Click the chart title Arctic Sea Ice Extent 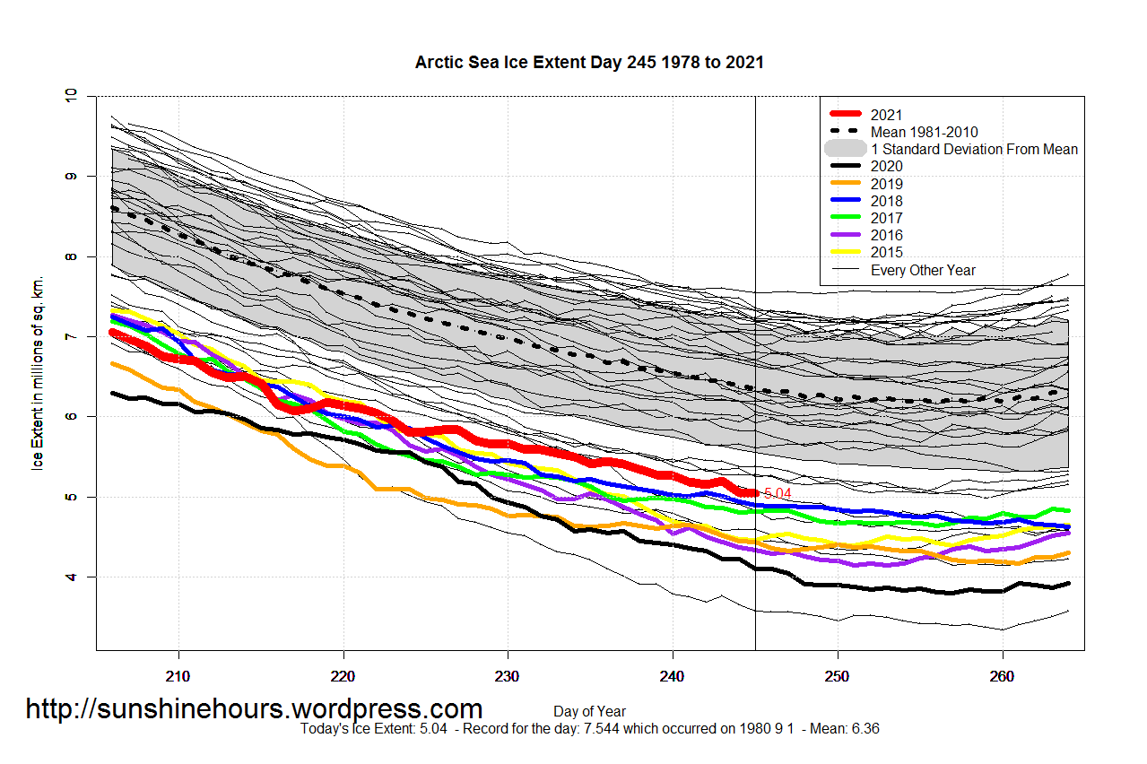[x=589, y=62]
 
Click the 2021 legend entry [x=886, y=115]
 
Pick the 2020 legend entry [x=886, y=166]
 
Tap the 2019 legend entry [x=886, y=184]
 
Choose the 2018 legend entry [x=886, y=201]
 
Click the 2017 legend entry [x=886, y=218]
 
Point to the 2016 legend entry [x=886, y=235]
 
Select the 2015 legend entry [x=886, y=252]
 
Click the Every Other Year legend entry [x=923, y=270]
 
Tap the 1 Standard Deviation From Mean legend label [x=974, y=149]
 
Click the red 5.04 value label [x=778, y=493]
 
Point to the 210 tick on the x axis [x=178, y=673]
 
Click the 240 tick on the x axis [x=673, y=673]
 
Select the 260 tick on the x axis [x=1002, y=673]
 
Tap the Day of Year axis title [x=589, y=712]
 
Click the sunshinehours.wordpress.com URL [x=254, y=708]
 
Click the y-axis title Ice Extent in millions [x=38, y=373]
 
